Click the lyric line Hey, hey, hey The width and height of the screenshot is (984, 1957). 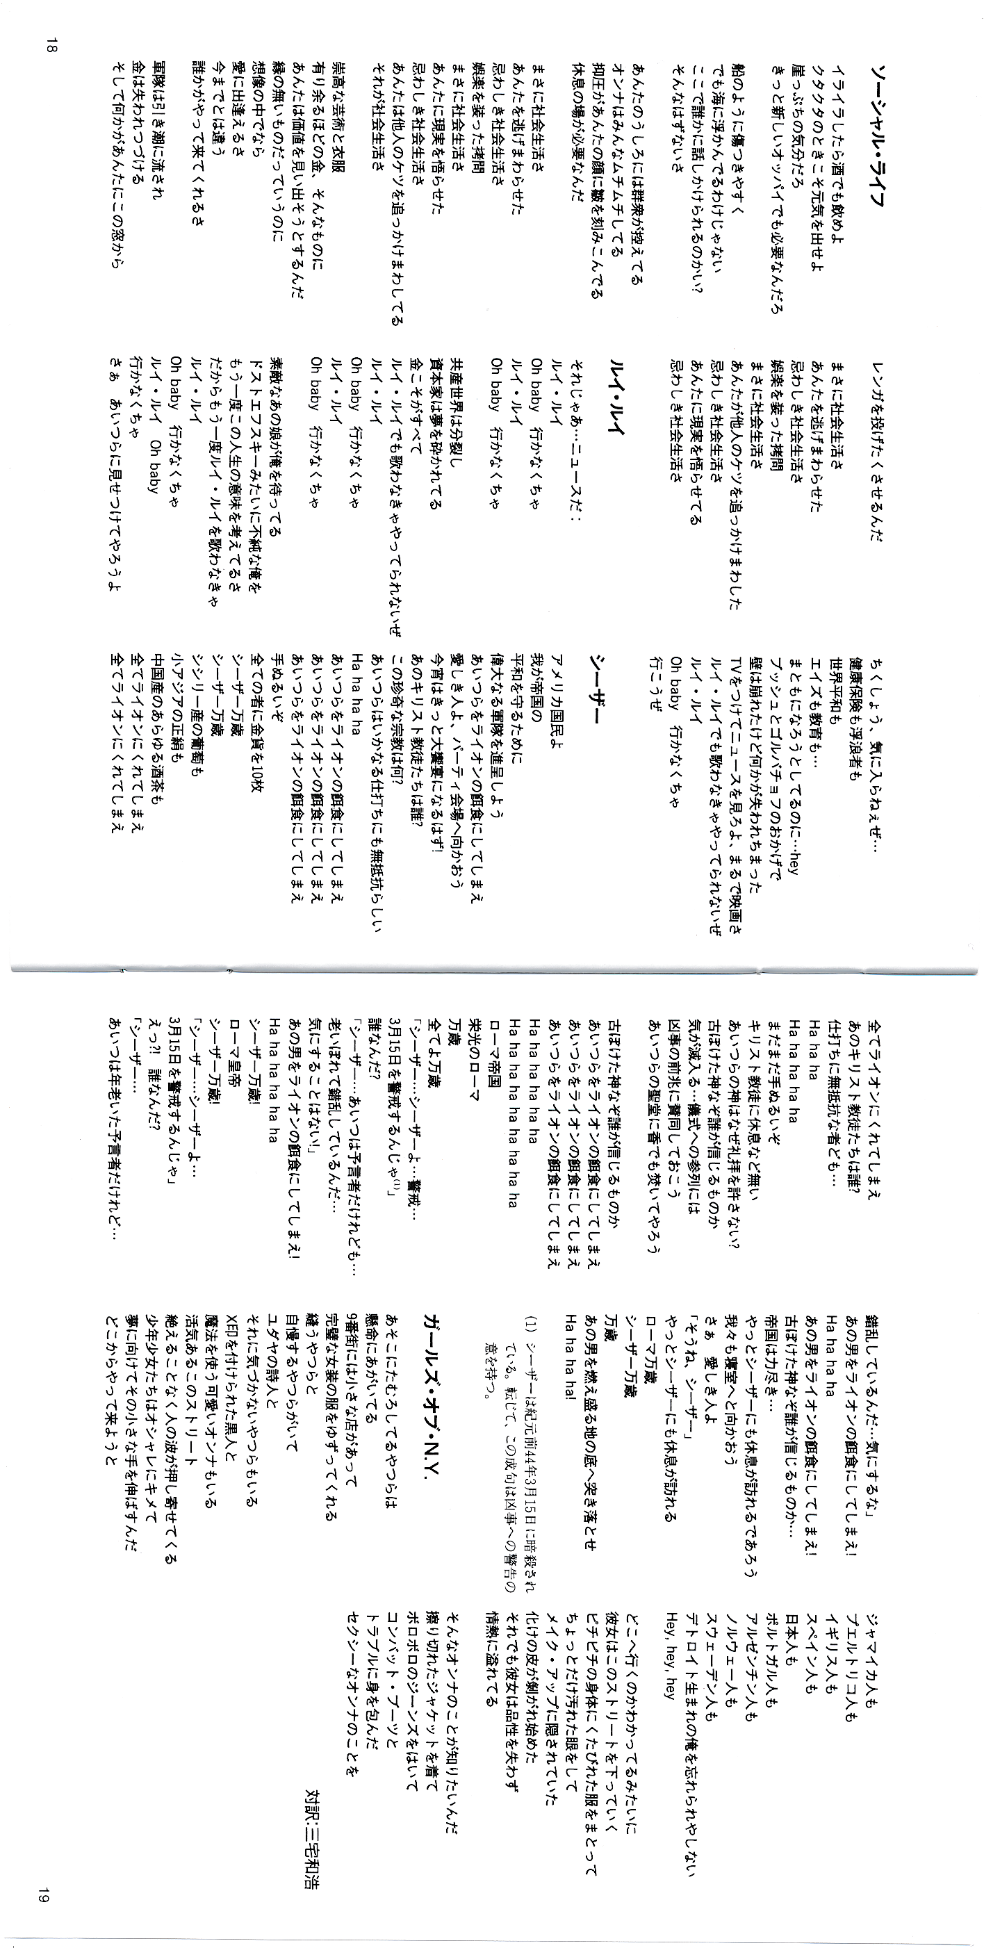point(670,1641)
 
